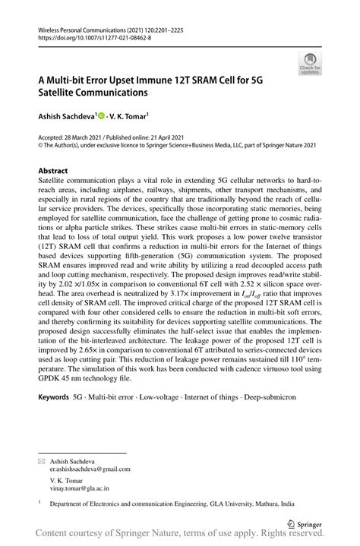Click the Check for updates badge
click(x=309, y=63)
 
